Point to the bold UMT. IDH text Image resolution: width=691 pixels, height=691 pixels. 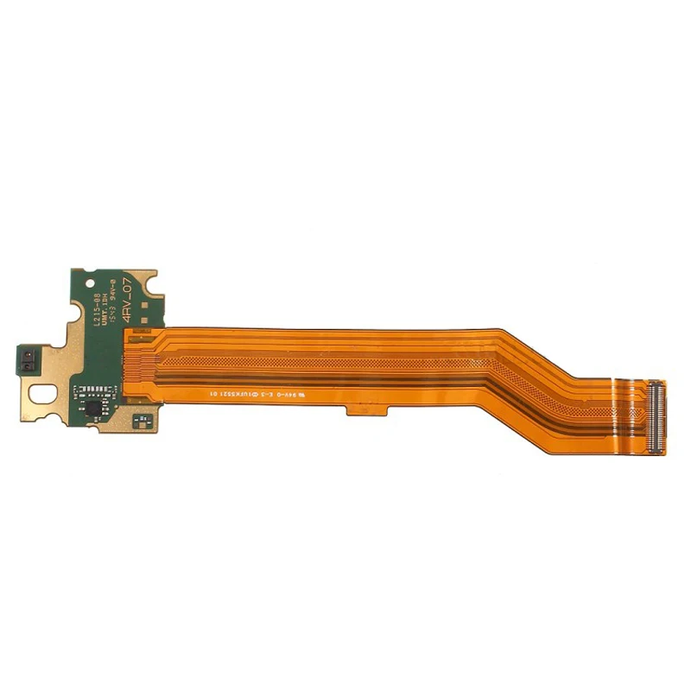point(106,305)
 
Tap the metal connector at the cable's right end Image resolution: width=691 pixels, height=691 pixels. point(656,417)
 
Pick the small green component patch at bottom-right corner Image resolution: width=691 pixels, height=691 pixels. point(143,421)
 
